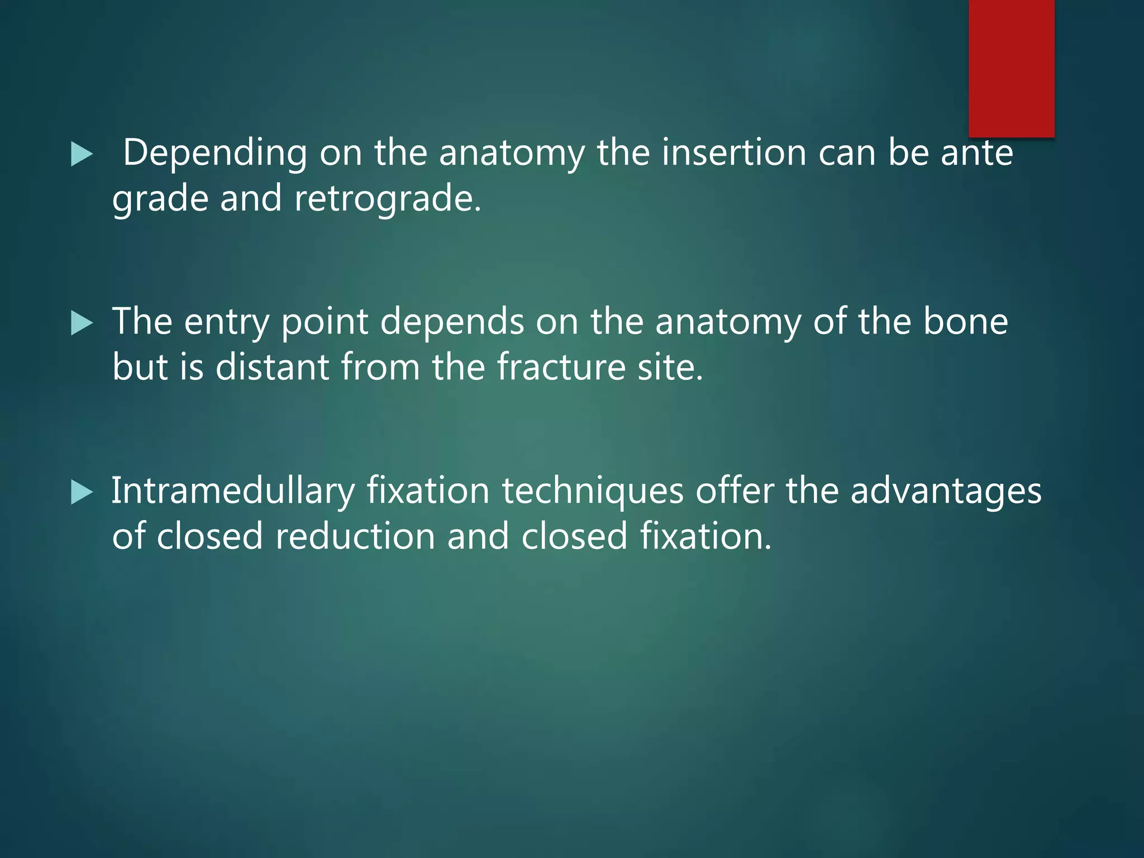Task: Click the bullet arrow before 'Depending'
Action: tap(82, 154)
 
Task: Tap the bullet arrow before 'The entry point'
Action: tap(82, 323)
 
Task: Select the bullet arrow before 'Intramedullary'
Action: tap(82, 493)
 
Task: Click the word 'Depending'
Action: tap(214, 153)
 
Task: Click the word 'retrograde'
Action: tap(387, 199)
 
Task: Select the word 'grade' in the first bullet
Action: tap(160, 199)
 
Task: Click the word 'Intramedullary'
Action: tap(233, 492)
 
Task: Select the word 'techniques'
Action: tap(592, 492)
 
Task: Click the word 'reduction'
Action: tap(355, 536)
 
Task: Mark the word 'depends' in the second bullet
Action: tap(452, 323)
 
